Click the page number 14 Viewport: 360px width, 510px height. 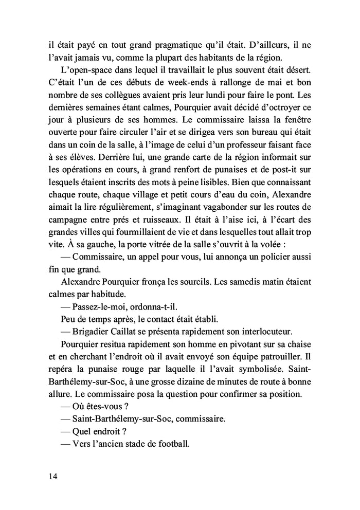point(53,476)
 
